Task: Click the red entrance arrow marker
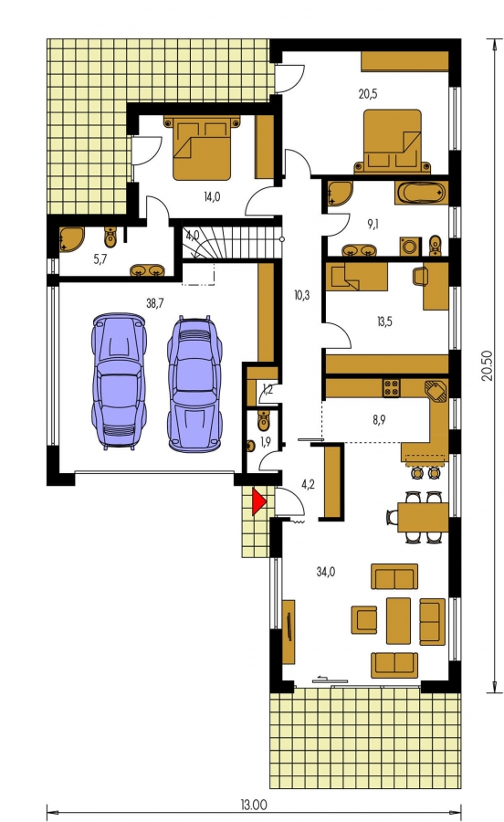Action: (x=259, y=501)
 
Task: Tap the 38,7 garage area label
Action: (x=154, y=303)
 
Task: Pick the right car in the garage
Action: (x=194, y=384)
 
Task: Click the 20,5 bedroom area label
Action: (x=368, y=94)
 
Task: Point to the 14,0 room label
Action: (x=212, y=196)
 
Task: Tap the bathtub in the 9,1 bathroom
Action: (x=422, y=193)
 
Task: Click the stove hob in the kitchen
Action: (x=391, y=387)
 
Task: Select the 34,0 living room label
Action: (x=325, y=572)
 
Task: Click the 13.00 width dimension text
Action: (x=254, y=804)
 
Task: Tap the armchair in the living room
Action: (x=364, y=619)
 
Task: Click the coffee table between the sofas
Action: (x=398, y=621)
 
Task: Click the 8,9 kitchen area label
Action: (x=379, y=419)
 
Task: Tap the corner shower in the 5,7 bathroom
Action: (x=71, y=239)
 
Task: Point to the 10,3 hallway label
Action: (x=302, y=296)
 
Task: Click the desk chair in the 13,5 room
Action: (x=421, y=276)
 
